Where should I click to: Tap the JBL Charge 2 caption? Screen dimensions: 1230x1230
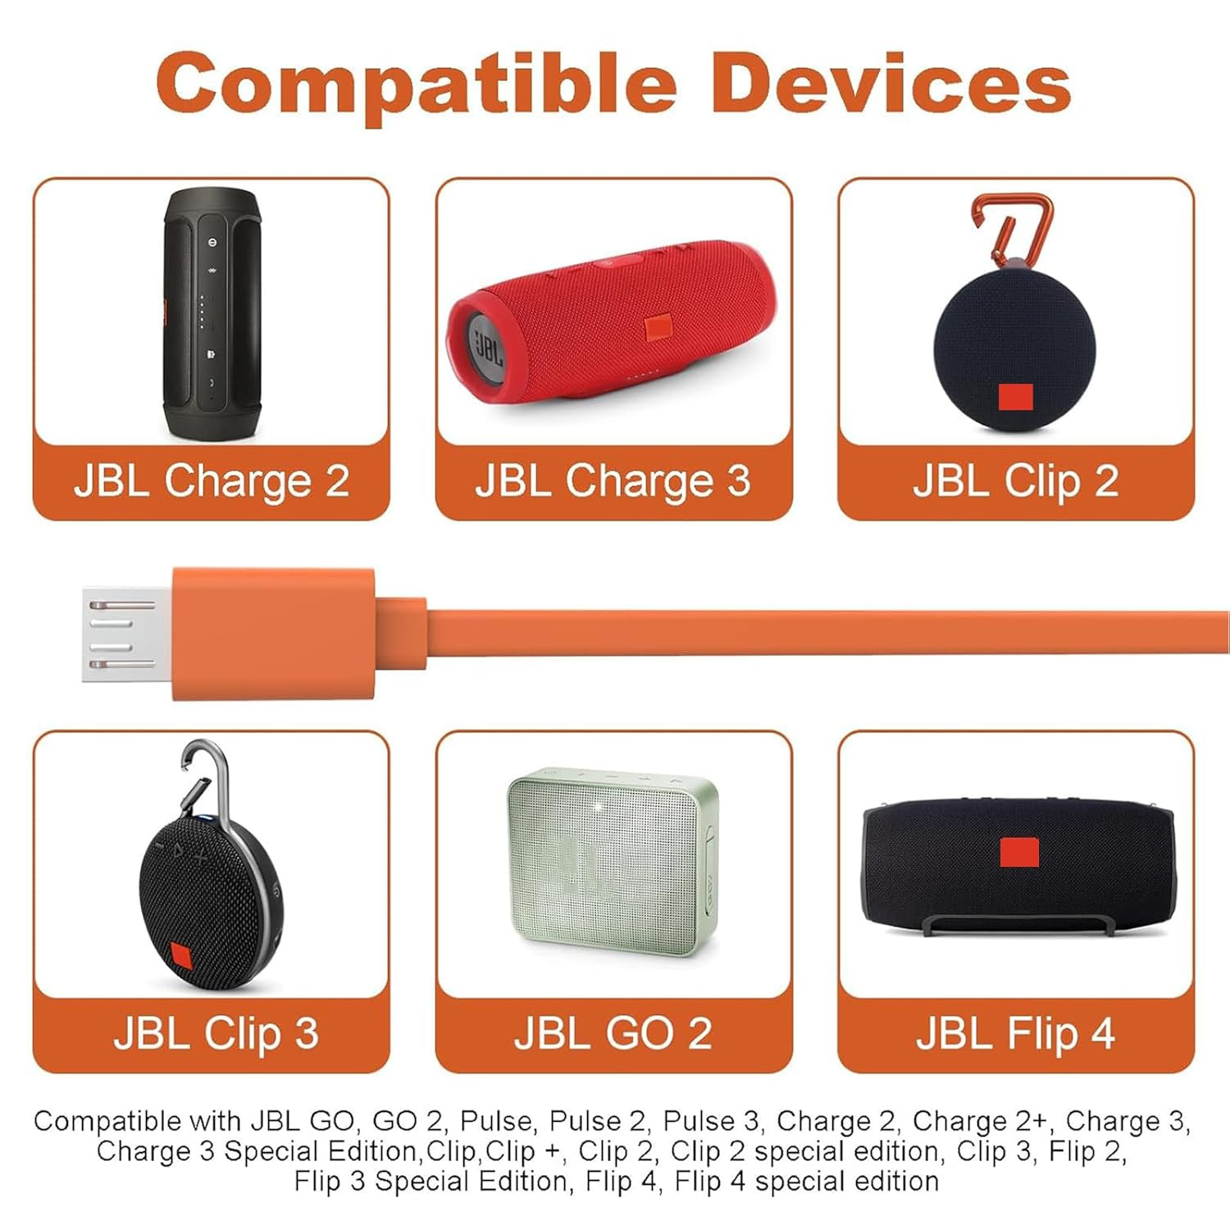(x=212, y=481)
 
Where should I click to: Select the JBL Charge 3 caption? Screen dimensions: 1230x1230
(x=613, y=481)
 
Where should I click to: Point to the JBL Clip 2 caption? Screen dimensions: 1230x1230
(x=1016, y=481)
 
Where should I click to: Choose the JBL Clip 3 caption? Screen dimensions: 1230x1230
(x=216, y=1033)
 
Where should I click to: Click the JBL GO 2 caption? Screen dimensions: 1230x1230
(x=613, y=1033)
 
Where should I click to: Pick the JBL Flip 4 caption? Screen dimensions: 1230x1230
(x=1015, y=1033)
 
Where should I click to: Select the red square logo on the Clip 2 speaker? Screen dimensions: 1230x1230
(x=1015, y=397)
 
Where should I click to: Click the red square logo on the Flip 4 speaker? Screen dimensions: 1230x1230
(x=1019, y=852)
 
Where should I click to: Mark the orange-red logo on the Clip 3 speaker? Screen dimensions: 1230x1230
(x=181, y=957)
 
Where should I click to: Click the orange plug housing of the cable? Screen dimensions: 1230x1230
(x=274, y=634)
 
